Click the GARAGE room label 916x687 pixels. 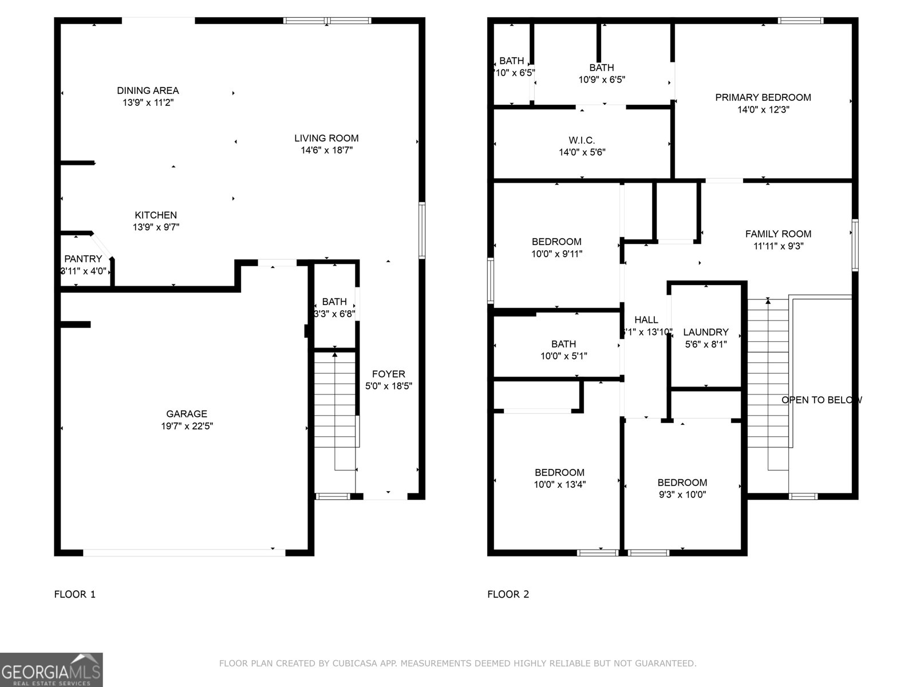(x=187, y=414)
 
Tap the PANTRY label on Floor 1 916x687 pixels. (x=83, y=259)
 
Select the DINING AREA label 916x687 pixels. (x=148, y=90)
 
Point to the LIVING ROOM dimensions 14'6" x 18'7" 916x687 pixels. (x=326, y=151)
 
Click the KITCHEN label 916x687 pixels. (x=156, y=215)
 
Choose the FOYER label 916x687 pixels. (x=388, y=374)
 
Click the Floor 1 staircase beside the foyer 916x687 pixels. (x=335, y=412)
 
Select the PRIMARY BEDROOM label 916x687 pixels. (x=763, y=97)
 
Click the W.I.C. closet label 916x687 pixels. (x=582, y=140)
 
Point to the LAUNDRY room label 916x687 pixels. (x=705, y=332)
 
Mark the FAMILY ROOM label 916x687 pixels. (x=777, y=234)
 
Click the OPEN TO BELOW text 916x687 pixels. (x=821, y=400)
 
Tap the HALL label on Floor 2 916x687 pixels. (x=646, y=320)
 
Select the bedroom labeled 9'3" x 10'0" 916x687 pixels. (x=682, y=488)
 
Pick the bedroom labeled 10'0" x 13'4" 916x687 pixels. (x=559, y=478)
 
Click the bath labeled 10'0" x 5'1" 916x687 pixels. (x=563, y=350)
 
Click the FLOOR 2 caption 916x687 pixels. (x=508, y=594)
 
